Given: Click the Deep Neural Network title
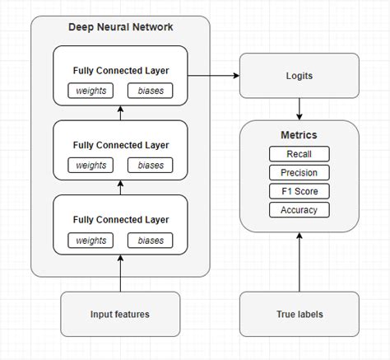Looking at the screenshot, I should coord(120,27).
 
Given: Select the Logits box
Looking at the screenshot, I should coord(299,75).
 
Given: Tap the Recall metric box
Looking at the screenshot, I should coord(299,154).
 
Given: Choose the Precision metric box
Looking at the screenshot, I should coord(299,173).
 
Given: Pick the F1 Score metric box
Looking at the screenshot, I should coord(299,191).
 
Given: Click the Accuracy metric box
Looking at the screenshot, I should coord(299,210).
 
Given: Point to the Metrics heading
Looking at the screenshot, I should coord(299,135).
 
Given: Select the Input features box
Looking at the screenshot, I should coord(120,314).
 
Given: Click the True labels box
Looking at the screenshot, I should coord(299,314).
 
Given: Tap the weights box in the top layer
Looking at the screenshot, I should coord(91,90).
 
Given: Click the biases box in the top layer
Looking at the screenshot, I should coord(151,90).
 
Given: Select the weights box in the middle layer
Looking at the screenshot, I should coord(91,165).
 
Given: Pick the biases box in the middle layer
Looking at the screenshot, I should coord(151,165).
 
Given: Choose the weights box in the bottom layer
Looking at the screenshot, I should coord(91,240).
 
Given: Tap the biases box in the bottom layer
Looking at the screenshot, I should coord(151,240).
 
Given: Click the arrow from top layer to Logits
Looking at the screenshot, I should coord(214,75).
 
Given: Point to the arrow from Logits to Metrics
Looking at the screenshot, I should coord(299,108).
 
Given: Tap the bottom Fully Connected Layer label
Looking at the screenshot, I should coord(120,220).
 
